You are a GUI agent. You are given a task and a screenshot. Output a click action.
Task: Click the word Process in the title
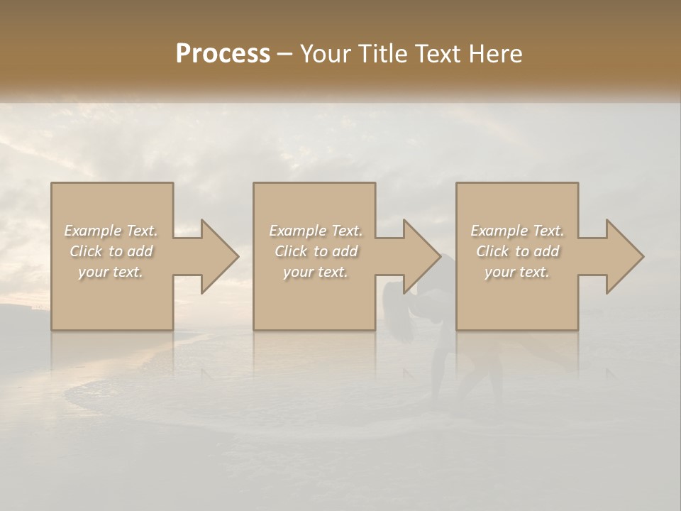(223, 54)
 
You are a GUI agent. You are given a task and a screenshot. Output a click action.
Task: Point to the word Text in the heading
(438, 54)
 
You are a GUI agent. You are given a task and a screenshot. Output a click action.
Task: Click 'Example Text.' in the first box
(111, 231)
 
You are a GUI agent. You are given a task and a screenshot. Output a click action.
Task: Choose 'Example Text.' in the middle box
(315, 231)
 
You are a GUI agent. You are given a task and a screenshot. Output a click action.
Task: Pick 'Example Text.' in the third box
(517, 231)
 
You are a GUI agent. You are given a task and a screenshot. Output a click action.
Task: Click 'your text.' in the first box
(111, 272)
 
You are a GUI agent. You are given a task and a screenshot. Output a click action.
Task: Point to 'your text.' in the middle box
(315, 272)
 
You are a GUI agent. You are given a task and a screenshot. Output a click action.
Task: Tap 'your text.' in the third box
(517, 272)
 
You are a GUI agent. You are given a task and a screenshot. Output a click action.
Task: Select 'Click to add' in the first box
(111, 251)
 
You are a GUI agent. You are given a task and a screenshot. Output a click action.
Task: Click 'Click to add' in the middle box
(315, 251)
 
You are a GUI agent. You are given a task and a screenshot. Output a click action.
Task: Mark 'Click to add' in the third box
(517, 251)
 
